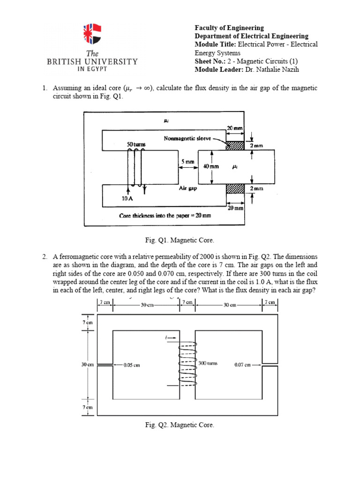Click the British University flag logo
click(92, 36)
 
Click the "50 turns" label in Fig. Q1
click(136, 144)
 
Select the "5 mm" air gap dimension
click(187, 162)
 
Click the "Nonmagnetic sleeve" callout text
click(187, 138)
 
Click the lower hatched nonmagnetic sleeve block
click(235, 188)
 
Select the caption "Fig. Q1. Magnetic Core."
click(180, 240)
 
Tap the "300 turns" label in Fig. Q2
click(208, 363)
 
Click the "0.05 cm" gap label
click(132, 365)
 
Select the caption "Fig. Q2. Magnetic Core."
click(180, 425)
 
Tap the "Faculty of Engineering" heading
click(229, 28)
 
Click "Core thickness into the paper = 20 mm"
click(165, 216)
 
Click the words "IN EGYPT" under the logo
click(92, 68)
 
